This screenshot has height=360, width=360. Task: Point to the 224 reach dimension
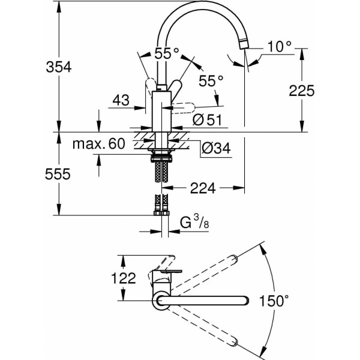[x=203, y=188]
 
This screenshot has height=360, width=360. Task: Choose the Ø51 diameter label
[x=208, y=120]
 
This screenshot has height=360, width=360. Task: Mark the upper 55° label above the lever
[x=167, y=53]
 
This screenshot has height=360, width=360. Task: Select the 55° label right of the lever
[x=211, y=79]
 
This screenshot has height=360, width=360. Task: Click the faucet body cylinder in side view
[x=162, y=111]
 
